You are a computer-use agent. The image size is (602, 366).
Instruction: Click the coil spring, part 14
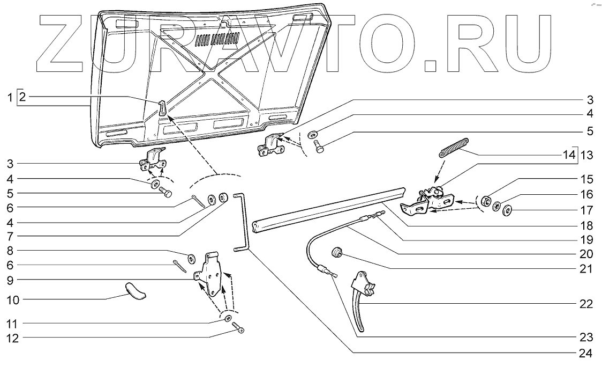[x=454, y=148]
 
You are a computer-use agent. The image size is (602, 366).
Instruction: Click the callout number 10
[x=13, y=300]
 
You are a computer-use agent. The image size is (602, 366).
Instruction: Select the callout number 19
[x=586, y=239]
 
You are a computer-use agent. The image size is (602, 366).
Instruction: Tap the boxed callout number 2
[x=22, y=97]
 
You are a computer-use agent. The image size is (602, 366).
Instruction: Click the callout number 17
[x=586, y=210]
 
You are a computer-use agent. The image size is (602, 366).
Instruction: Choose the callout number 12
[x=13, y=338]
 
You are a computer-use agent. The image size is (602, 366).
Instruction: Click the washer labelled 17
[x=507, y=210]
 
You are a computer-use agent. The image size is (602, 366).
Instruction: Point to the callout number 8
[x=10, y=251]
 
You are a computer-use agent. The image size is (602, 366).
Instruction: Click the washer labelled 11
[x=228, y=318]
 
